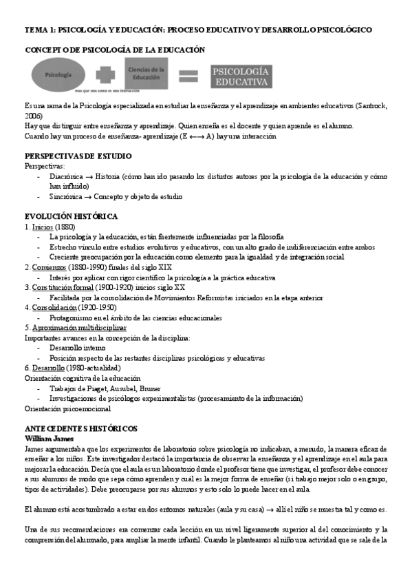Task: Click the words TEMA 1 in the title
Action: [x=39, y=30]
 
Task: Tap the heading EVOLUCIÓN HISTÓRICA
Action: [x=71, y=216]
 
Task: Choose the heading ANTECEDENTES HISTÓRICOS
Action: [x=81, y=428]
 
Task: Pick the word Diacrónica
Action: [x=67, y=176]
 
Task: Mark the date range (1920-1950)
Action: [x=98, y=307]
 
